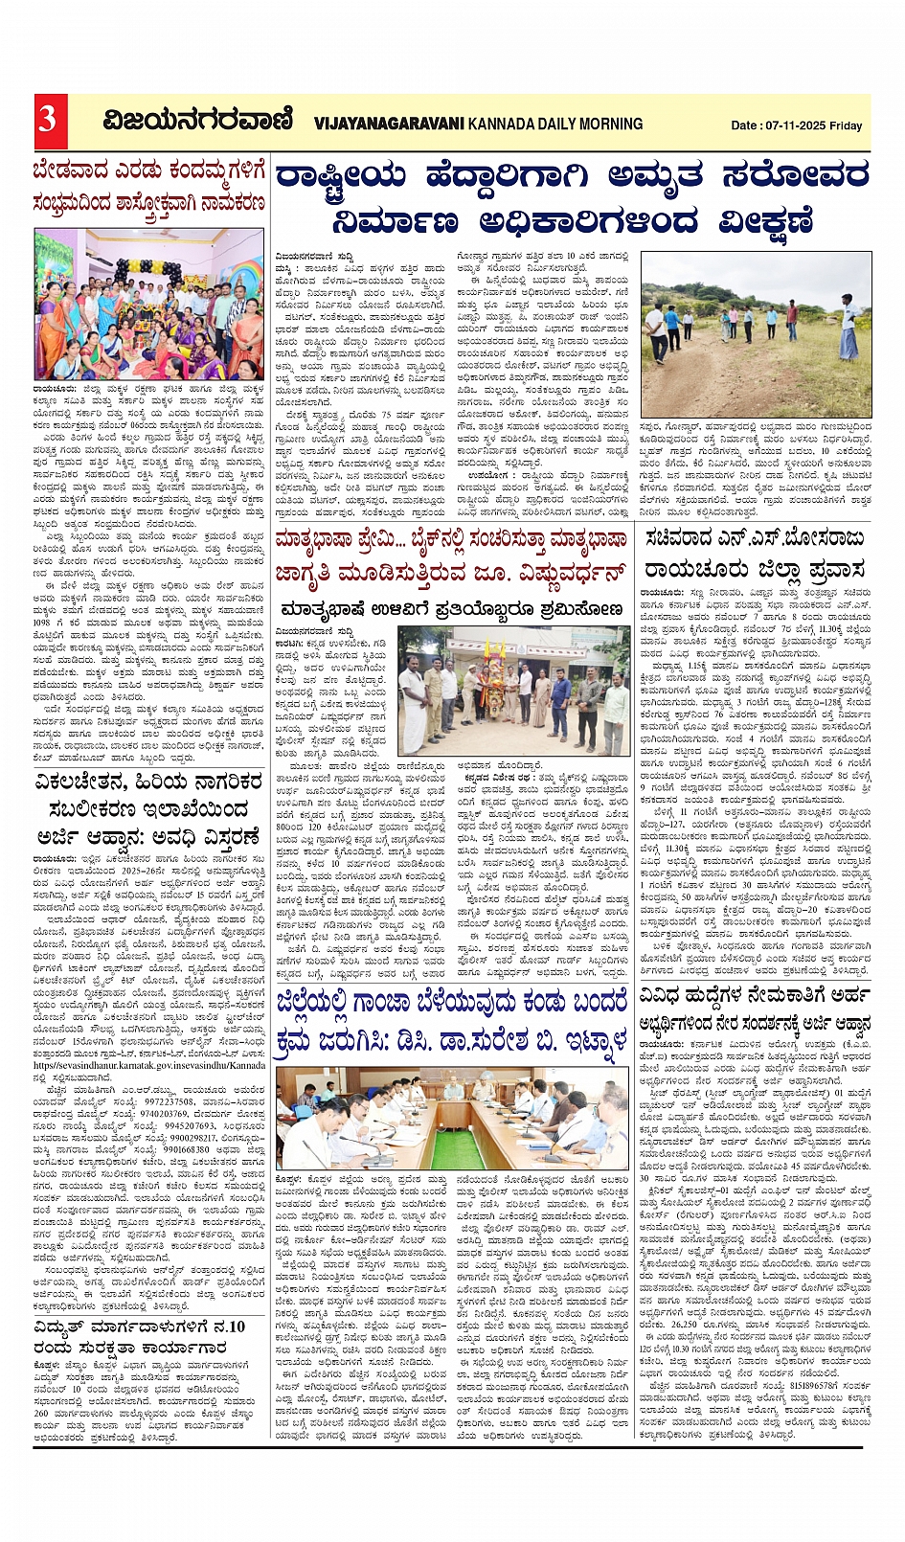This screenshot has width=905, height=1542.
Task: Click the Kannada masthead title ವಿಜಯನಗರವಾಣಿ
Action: (x=198, y=122)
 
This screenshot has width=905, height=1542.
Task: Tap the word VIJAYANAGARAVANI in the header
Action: (x=389, y=124)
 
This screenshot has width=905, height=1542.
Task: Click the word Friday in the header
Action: (x=847, y=125)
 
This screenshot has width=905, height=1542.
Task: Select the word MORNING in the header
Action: (x=605, y=124)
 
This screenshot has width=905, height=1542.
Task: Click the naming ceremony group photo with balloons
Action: (x=148, y=304)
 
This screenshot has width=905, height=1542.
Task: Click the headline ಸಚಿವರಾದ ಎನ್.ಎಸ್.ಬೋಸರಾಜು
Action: (x=754, y=540)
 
